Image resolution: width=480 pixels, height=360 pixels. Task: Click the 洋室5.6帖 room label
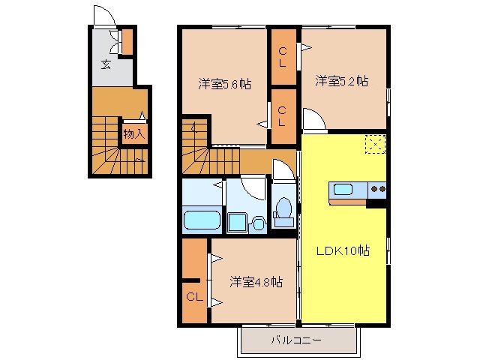[224, 84]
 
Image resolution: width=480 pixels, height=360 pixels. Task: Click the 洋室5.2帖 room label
[340, 80]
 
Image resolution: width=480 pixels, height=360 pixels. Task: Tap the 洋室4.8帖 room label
[256, 282]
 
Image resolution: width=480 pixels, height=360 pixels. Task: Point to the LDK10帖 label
[343, 250]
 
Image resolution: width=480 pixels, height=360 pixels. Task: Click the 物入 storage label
[134, 134]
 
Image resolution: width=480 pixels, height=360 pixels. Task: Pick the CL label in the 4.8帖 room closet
[194, 297]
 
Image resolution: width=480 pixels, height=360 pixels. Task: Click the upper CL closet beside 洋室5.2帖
[283, 56]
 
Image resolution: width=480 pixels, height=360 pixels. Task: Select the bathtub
[201, 221]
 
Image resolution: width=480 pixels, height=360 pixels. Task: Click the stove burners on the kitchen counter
[376, 189]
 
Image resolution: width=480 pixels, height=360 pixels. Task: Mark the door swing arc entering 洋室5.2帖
[313, 120]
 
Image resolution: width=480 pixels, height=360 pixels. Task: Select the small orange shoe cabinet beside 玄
[127, 41]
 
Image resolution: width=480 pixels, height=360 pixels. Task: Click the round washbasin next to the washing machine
[259, 222]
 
